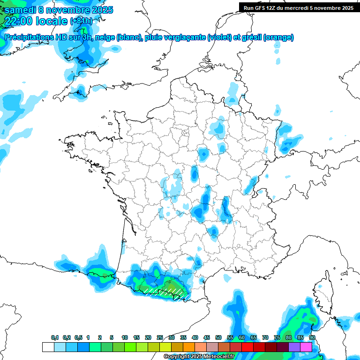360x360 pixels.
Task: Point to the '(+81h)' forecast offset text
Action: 82,21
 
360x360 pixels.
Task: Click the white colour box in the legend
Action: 48,347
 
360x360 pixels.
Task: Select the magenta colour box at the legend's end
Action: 306,347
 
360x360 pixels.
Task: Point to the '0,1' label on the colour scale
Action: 55,337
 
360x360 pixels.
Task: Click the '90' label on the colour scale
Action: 312,337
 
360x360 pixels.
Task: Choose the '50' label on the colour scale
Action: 218,337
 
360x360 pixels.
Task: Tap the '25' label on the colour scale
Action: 160,337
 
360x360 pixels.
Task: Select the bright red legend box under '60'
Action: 247,347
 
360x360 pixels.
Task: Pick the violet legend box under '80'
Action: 294,347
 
